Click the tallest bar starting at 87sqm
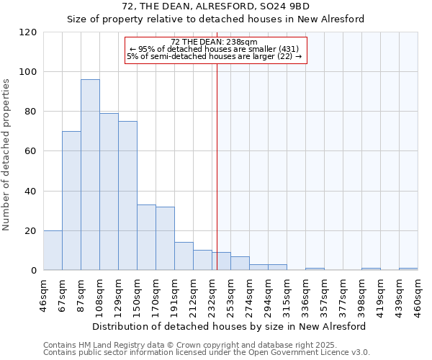coord(90,175)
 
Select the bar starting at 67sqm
coord(71,201)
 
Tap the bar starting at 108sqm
coord(109,192)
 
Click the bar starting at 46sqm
coord(53,251)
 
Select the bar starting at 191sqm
coord(184,256)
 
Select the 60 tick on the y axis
coord(31,151)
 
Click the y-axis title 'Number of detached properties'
coord(7,155)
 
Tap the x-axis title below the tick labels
coord(229,326)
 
